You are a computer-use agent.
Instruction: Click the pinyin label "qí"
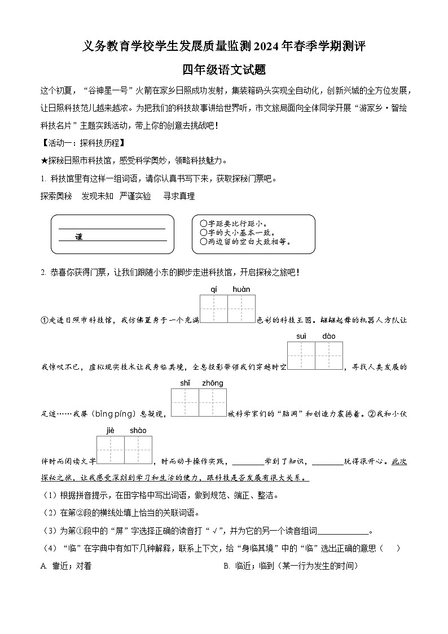(214, 290)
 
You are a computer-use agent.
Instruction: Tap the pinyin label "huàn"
(241, 290)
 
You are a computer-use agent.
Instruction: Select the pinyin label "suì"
(301, 336)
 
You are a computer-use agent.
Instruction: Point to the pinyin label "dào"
(329, 336)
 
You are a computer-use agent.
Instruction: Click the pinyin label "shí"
(185, 383)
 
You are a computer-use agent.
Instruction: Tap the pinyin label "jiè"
(110, 430)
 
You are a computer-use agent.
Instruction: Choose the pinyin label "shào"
(138, 430)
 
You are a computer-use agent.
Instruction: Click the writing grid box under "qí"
(214, 309)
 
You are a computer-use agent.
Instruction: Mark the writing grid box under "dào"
(329, 356)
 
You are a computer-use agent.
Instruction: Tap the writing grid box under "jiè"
(111, 450)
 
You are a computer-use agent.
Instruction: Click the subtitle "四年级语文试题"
(224, 70)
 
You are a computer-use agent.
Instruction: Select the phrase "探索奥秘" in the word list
(56, 196)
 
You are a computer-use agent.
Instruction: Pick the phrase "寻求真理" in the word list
(179, 196)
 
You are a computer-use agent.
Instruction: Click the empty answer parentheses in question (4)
(390, 548)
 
